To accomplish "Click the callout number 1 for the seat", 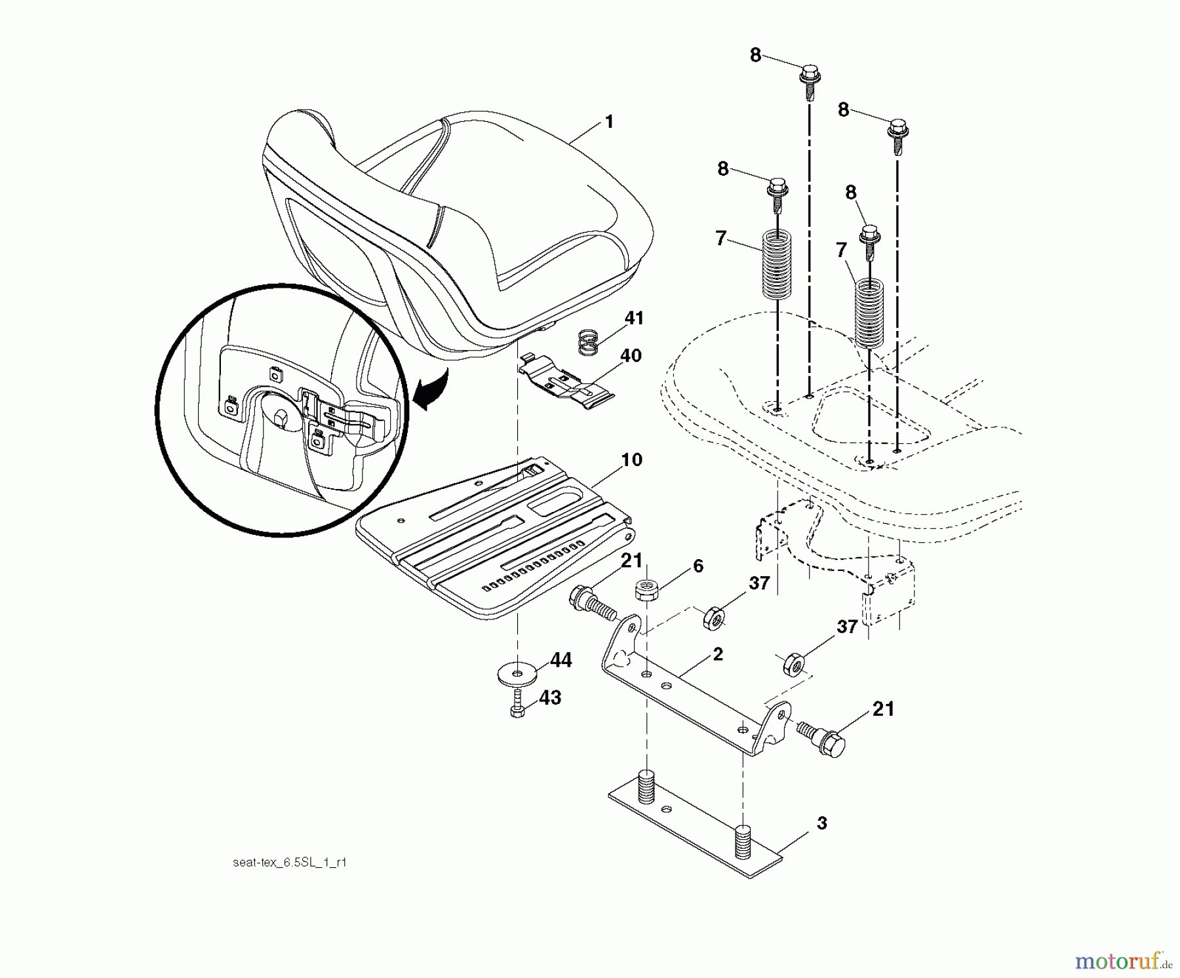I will point(609,122).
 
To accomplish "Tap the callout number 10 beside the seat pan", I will point(631,460).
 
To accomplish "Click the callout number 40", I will point(631,356).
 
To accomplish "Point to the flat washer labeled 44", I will point(517,673).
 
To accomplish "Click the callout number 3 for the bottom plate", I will point(821,823).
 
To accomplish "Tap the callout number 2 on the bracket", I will point(718,654).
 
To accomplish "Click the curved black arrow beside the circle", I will point(429,391).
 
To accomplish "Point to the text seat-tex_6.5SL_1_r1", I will point(289,863).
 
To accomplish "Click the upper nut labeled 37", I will point(713,617).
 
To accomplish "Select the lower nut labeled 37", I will point(793,665).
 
